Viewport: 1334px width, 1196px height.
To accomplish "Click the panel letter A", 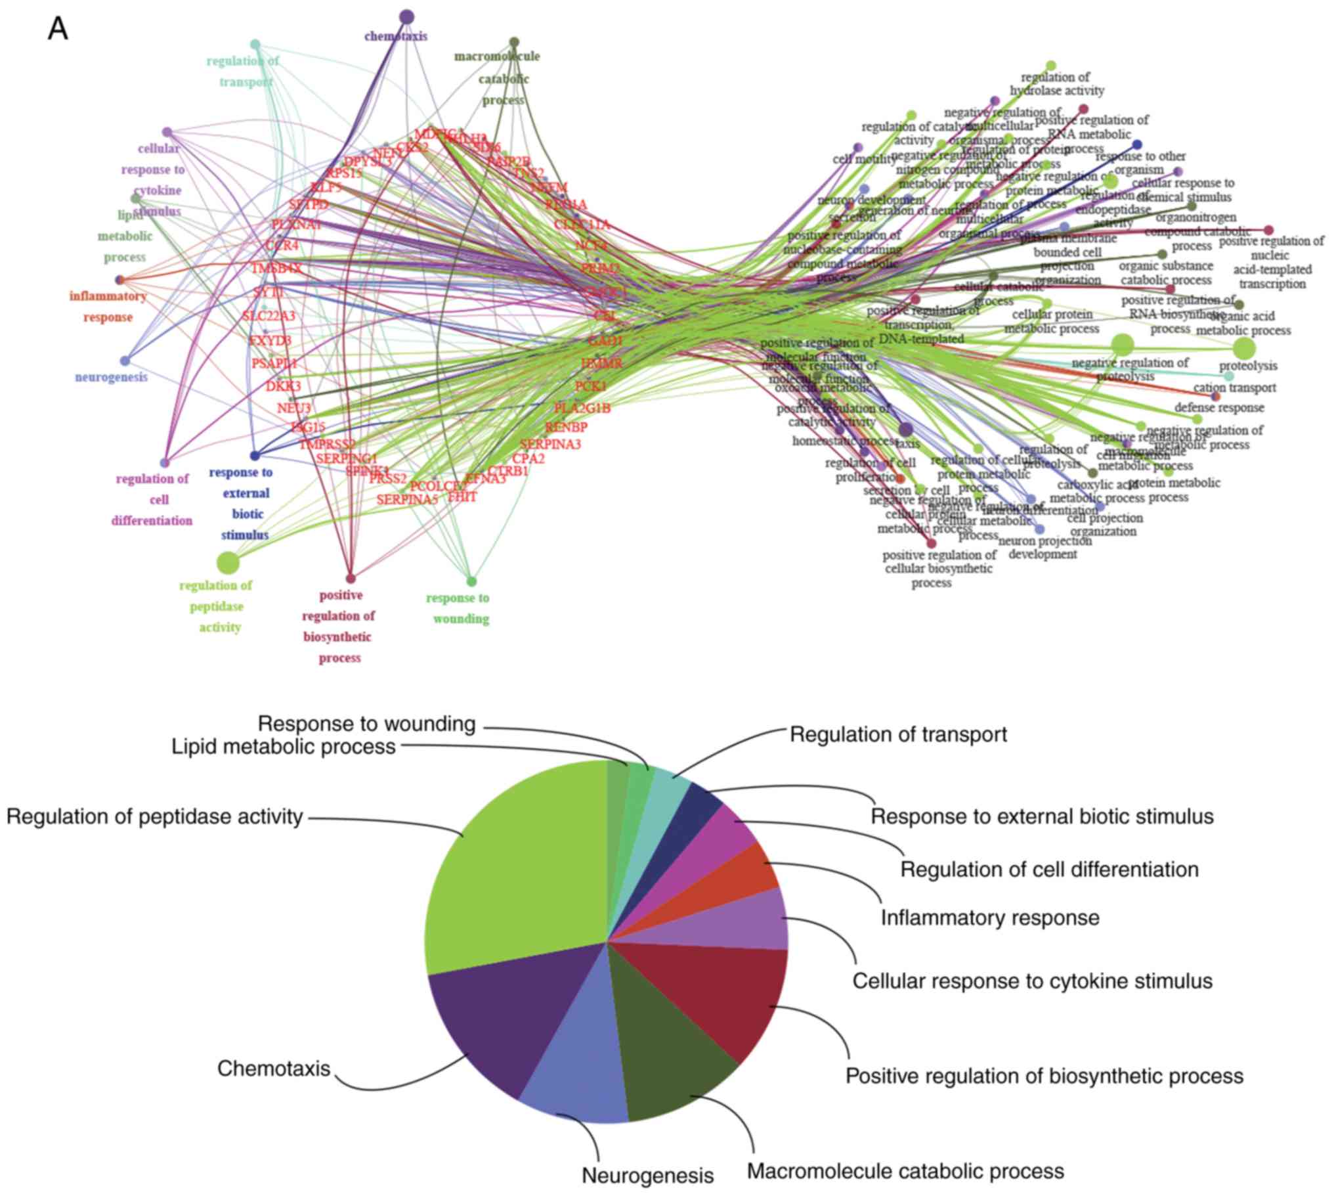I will pyautogui.click(x=58, y=30).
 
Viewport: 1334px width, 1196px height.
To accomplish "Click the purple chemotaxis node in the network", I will pyautogui.click(x=406, y=16).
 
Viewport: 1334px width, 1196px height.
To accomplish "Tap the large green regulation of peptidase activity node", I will pyautogui.click(x=227, y=562).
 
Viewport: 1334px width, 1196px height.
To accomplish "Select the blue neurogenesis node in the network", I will pyautogui.click(x=125, y=361).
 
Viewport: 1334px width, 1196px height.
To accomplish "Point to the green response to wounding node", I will pyautogui.click(x=471, y=581).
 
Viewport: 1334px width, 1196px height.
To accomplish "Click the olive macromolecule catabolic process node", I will pyautogui.click(x=514, y=42).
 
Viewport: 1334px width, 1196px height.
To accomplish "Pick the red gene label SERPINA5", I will pyautogui.click(x=407, y=499).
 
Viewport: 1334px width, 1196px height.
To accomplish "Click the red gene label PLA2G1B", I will pyautogui.click(x=582, y=408).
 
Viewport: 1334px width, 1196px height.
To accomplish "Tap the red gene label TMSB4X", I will pyautogui.click(x=276, y=268).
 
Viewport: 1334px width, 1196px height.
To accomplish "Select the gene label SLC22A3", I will pyautogui.click(x=269, y=316).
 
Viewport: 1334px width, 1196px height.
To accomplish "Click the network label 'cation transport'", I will pyautogui.click(x=1235, y=388).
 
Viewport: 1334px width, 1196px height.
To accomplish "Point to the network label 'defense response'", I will pyautogui.click(x=1219, y=407).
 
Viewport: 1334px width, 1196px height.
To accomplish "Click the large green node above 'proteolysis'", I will pyautogui.click(x=1243, y=347).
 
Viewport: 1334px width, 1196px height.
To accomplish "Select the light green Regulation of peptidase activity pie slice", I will pyautogui.click(x=519, y=868).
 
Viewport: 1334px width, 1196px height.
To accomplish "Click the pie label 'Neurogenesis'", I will pyautogui.click(x=647, y=1175).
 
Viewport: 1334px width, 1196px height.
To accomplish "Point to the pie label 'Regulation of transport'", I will pyautogui.click(x=898, y=734).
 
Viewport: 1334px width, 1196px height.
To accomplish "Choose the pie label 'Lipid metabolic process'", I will pyautogui.click(x=284, y=747).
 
